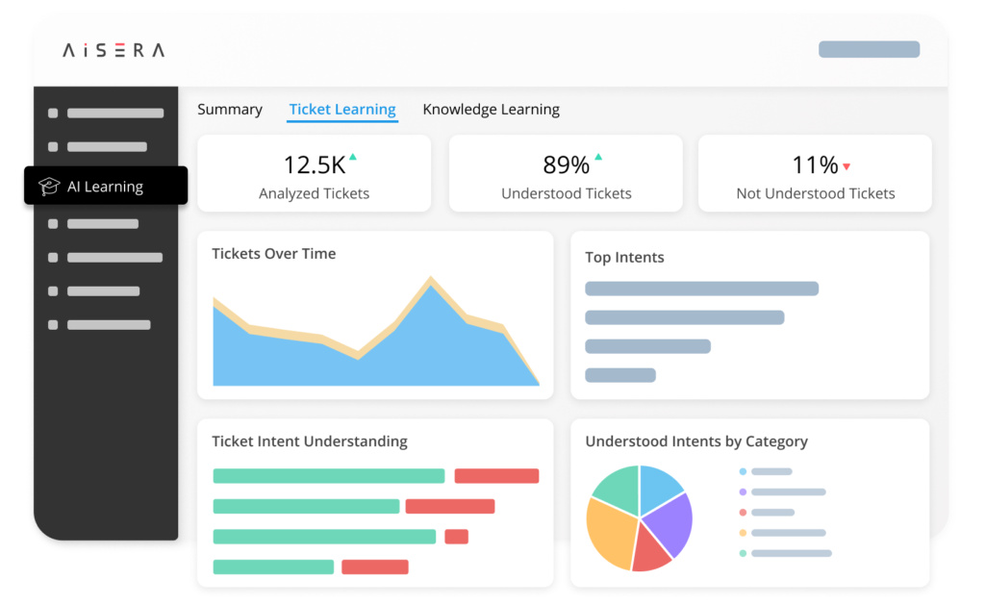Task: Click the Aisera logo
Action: (114, 50)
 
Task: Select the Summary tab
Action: (230, 110)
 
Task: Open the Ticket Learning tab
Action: (342, 110)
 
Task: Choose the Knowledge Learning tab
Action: (491, 110)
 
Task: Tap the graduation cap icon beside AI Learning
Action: (49, 187)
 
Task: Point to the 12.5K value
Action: (314, 165)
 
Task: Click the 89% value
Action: (566, 165)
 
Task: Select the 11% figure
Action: (815, 165)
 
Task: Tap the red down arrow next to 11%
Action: (846, 166)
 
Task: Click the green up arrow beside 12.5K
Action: (353, 157)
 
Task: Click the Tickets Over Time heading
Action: (273, 254)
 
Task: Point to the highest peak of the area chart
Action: (430, 282)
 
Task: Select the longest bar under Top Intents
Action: (701, 289)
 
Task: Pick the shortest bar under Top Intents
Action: (619, 375)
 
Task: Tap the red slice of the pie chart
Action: (650, 553)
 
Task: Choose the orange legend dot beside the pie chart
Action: (743, 532)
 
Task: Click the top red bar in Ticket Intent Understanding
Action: (496, 476)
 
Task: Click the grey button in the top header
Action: (869, 49)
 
